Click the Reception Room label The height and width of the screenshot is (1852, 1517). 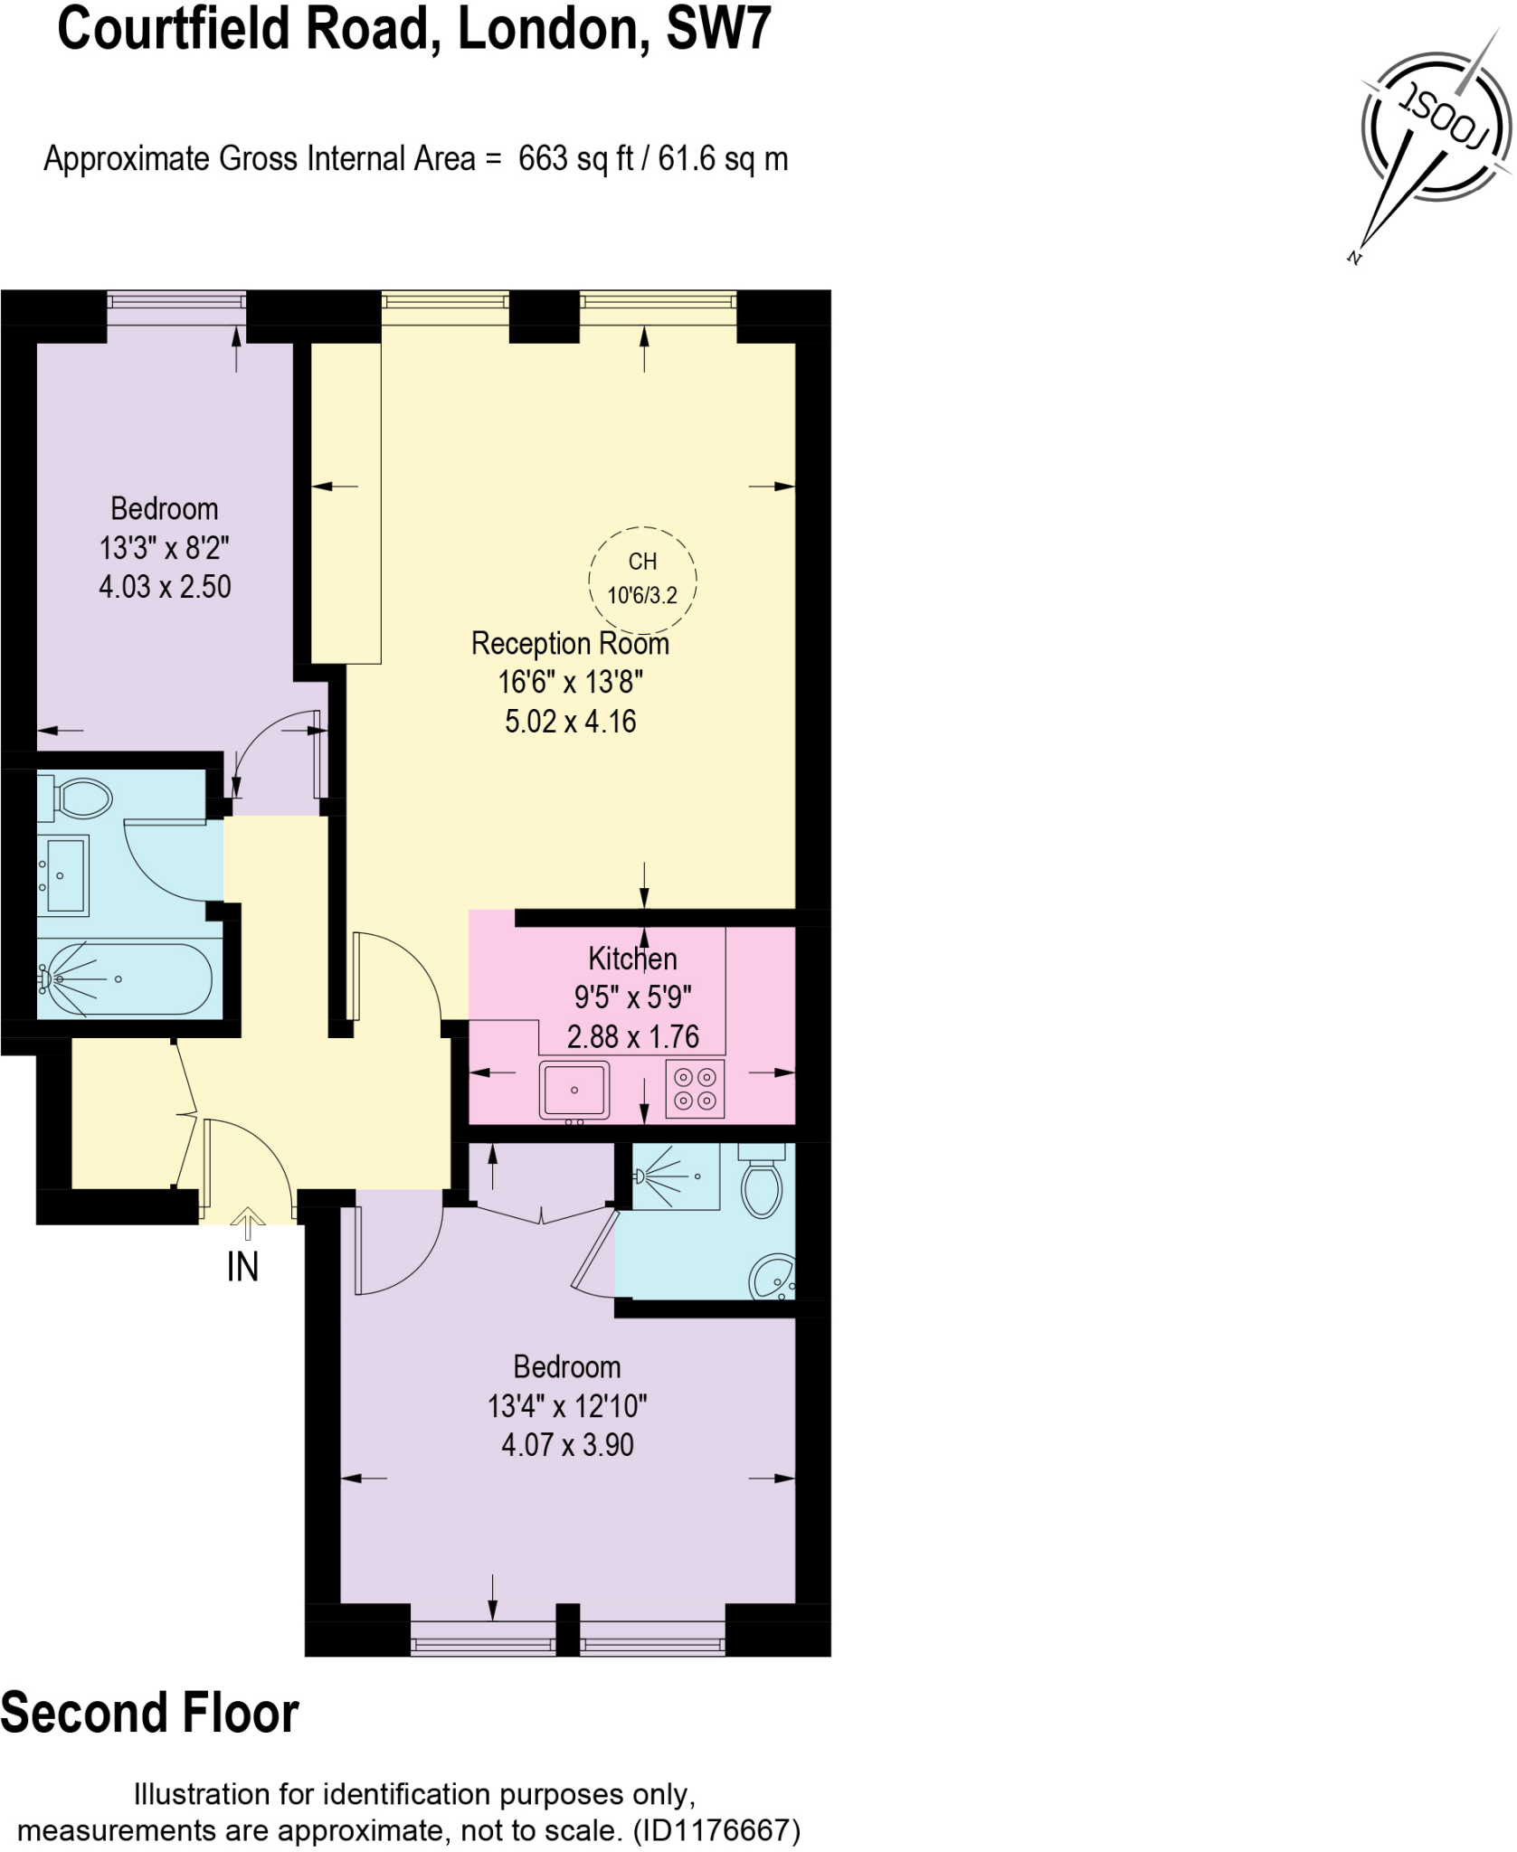pyautogui.click(x=570, y=644)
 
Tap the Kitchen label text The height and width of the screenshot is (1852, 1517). pyautogui.click(x=632, y=959)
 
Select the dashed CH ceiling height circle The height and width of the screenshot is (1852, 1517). pyautogui.click(x=642, y=579)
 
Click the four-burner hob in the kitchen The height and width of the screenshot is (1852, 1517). pyautogui.click(x=695, y=1089)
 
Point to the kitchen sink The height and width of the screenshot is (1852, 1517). pyautogui.click(x=574, y=1089)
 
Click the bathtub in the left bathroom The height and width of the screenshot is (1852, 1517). pyautogui.click(x=127, y=979)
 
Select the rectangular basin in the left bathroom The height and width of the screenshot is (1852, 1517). pyautogui.click(x=64, y=875)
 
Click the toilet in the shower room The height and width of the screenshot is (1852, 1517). pyautogui.click(x=762, y=1181)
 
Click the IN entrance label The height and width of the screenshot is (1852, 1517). pyautogui.click(x=242, y=1268)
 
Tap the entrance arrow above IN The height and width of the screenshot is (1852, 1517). pyautogui.click(x=247, y=1224)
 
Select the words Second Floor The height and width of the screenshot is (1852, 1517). pyautogui.click(x=150, y=1713)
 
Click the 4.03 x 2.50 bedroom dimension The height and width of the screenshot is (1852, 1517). pyautogui.click(x=165, y=587)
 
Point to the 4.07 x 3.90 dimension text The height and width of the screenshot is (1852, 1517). pyautogui.click(x=567, y=1445)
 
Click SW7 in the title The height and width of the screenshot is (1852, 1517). pyautogui.click(x=718, y=29)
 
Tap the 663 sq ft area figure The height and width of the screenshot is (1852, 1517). pyautogui.click(x=575, y=159)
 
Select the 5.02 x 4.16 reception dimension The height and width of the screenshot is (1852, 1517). pyautogui.click(x=570, y=722)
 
